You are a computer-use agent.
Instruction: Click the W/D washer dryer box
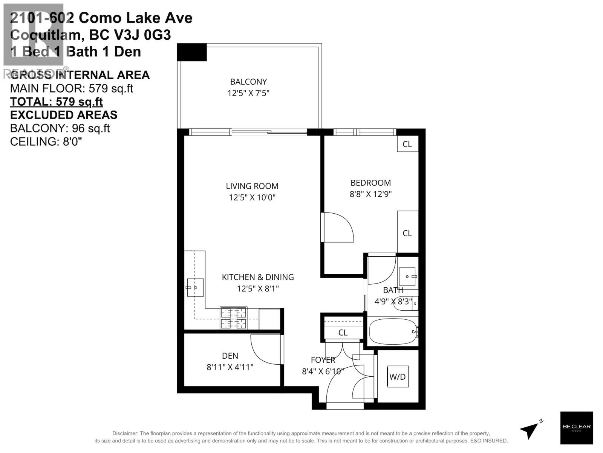pyautogui.click(x=398, y=376)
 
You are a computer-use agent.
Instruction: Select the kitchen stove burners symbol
pyautogui.click(x=234, y=318)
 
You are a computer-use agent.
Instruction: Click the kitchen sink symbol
pyautogui.click(x=195, y=288)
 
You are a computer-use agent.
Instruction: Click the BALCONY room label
pyautogui.click(x=248, y=82)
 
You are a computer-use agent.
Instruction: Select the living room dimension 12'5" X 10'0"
pyautogui.click(x=252, y=197)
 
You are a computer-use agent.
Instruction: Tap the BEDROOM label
pyautogui.click(x=370, y=183)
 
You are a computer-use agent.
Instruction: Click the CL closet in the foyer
pyautogui.click(x=343, y=333)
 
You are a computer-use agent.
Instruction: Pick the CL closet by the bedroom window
pyautogui.click(x=407, y=144)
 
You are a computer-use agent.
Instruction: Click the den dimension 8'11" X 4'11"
pyautogui.click(x=230, y=367)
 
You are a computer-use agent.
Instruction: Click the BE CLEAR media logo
pyautogui.click(x=576, y=428)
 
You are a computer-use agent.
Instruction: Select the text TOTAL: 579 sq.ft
pyautogui.click(x=56, y=102)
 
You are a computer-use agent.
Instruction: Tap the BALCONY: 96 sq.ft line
pyautogui.click(x=60, y=128)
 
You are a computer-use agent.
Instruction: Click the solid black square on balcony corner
pyautogui.click(x=192, y=52)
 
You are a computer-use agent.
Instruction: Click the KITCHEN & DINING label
pyautogui.click(x=258, y=277)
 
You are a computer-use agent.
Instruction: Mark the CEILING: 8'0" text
pyautogui.click(x=46, y=142)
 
